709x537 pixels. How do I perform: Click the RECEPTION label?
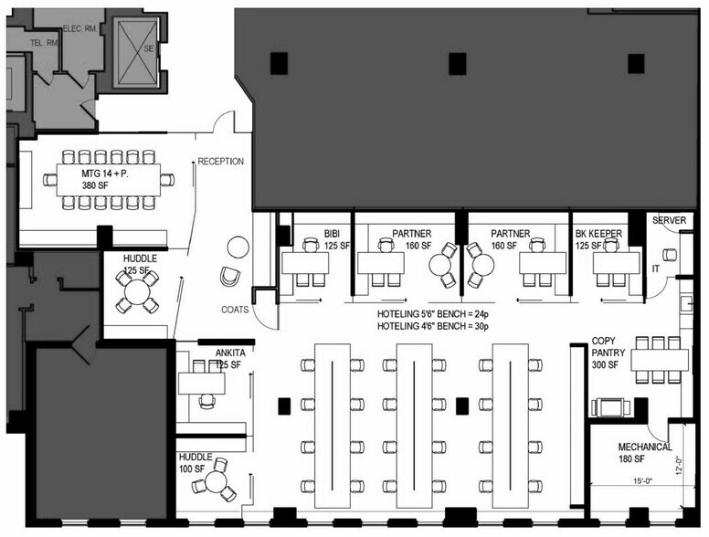[x=221, y=162]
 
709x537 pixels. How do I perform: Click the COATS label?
[x=235, y=310]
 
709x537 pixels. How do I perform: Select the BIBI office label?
[x=332, y=234]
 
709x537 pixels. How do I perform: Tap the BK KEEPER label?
[x=598, y=234]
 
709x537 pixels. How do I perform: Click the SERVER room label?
[x=670, y=220]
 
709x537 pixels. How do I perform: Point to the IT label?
[x=655, y=269]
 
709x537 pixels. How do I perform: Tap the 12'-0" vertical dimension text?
[x=678, y=467]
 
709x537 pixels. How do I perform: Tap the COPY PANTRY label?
[x=608, y=352]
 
